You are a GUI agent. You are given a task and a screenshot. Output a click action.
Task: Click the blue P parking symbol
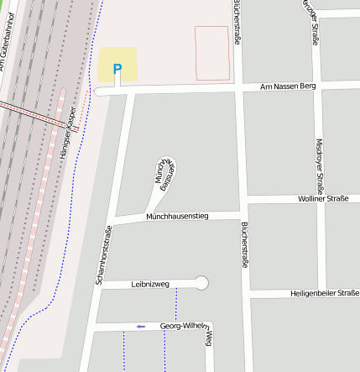tap(117, 69)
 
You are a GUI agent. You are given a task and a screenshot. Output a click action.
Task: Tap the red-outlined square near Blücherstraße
tap(211, 53)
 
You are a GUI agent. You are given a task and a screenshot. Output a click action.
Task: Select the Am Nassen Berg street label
tap(288, 86)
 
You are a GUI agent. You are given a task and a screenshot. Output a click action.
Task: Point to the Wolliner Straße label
tap(323, 199)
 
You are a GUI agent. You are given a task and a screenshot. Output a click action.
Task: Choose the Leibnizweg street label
tap(150, 285)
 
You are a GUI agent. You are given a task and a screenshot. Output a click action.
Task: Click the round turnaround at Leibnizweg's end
tap(201, 283)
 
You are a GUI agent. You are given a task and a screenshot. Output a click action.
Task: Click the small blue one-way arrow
tap(141, 326)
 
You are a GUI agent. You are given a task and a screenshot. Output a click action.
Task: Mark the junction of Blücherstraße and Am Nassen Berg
tap(237, 86)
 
